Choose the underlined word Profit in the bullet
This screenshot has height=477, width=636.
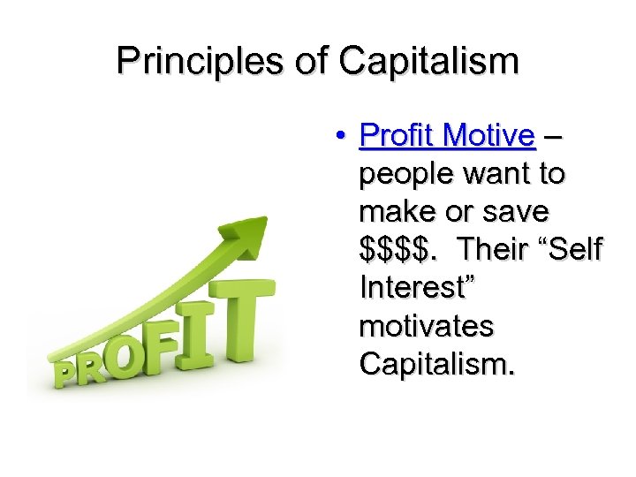pyautogui.click(x=398, y=136)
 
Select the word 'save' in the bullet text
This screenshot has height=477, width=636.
pyautogui.click(x=519, y=212)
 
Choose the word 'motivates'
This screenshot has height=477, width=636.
pyautogui.click(x=427, y=326)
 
